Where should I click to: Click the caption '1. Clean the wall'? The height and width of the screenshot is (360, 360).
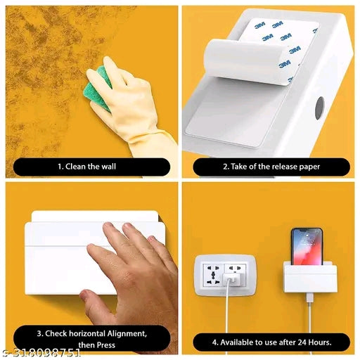click(x=87, y=167)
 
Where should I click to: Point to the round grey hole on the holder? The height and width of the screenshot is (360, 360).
click(x=320, y=108)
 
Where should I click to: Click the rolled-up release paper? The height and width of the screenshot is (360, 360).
click(x=246, y=62)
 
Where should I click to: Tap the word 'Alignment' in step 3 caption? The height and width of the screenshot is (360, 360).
click(x=127, y=334)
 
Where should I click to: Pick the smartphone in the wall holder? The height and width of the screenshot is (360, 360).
click(x=307, y=246)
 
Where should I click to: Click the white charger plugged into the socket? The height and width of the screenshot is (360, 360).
click(x=231, y=280)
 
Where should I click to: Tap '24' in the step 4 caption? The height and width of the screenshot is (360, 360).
click(x=302, y=342)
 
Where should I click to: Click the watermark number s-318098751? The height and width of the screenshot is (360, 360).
click(x=41, y=353)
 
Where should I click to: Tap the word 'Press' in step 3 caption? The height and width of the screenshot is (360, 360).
click(x=106, y=345)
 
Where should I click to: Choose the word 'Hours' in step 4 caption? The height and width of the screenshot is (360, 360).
click(x=320, y=342)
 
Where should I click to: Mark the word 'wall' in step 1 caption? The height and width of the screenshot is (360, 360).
click(x=108, y=167)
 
